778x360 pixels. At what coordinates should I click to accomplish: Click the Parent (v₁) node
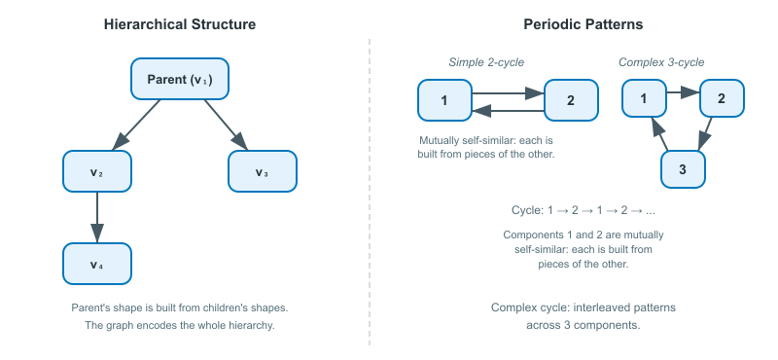click(180, 79)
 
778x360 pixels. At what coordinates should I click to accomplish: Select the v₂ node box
click(96, 172)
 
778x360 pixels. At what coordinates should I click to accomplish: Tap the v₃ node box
click(262, 172)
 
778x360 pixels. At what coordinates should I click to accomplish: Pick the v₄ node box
click(96, 265)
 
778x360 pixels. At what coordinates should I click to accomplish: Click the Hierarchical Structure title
click(180, 24)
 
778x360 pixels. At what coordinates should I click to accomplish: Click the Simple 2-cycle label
click(486, 62)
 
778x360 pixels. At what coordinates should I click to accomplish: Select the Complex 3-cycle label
click(661, 62)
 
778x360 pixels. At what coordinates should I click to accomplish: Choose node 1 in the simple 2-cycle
click(444, 100)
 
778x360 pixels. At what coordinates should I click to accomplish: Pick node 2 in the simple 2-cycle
click(570, 100)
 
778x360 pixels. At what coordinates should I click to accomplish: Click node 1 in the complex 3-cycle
click(644, 97)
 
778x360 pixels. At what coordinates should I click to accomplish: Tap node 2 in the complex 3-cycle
click(721, 97)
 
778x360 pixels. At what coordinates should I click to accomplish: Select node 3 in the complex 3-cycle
click(682, 170)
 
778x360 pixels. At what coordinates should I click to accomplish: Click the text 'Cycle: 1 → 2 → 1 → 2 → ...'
click(583, 210)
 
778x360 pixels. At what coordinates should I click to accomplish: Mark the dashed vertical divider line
click(370, 195)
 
